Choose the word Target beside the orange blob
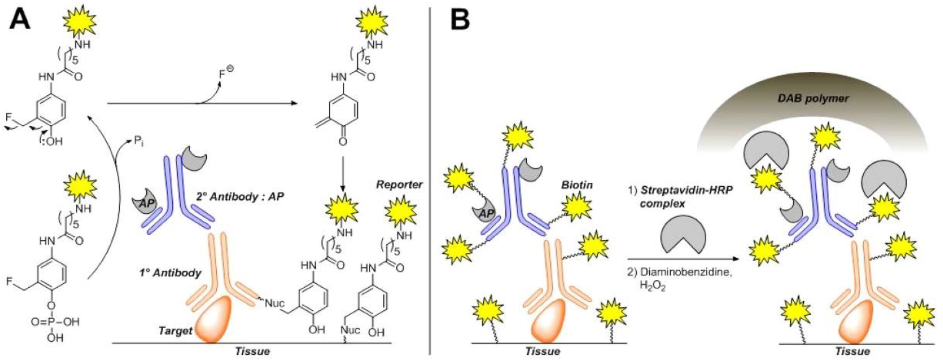pos(175,331)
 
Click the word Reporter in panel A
pos(399,185)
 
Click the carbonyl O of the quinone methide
pos(343,141)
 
